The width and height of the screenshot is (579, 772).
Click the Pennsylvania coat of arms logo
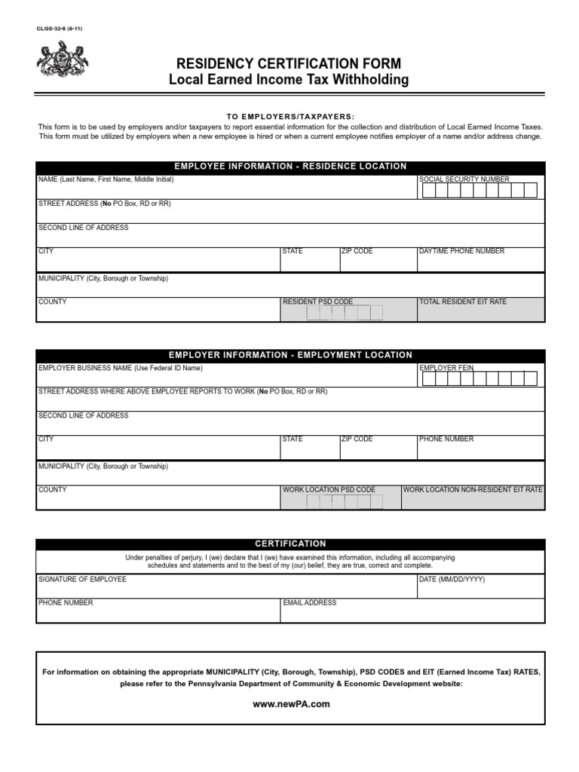[63, 60]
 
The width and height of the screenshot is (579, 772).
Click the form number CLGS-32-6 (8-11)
[60, 28]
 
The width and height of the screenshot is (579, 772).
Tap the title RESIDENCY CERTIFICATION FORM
[289, 63]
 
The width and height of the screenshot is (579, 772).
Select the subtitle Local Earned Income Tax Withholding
[289, 79]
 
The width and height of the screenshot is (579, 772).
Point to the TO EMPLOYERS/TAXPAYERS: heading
[290, 117]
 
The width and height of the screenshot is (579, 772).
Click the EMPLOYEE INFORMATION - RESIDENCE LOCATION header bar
[290, 167]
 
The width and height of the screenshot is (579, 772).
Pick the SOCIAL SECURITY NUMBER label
[464, 179]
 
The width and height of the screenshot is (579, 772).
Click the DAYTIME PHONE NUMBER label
[461, 251]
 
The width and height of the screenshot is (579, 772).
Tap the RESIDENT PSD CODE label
[317, 302]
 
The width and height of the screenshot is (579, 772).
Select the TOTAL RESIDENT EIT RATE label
[463, 302]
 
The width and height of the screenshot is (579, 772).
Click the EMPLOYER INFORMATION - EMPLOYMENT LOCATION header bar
[290, 355]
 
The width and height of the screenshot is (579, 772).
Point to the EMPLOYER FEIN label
[446, 368]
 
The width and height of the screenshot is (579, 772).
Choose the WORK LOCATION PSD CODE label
[329, 489]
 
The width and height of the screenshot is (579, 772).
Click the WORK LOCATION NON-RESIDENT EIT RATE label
[473, 489]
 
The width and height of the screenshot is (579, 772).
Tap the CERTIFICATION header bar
[290, 544]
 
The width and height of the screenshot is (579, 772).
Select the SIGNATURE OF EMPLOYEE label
[82, 579]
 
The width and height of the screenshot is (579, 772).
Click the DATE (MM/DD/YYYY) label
[452, 579]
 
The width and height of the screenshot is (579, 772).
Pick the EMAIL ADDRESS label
[309, 602]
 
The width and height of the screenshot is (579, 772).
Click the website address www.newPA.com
[291, 704]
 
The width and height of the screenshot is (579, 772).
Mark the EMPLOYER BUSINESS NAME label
[120, 368]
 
